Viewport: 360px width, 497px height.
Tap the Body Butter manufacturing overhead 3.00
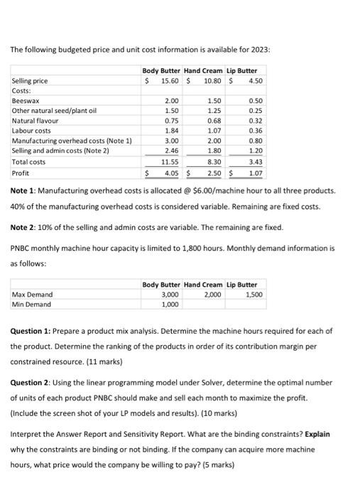coord(171,141)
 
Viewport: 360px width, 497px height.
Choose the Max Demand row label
coord(32,294)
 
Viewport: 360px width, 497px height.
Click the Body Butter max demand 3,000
coord(170,294)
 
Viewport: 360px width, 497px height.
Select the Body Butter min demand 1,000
coord(170,304)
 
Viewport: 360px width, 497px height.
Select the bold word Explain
coord(315,433)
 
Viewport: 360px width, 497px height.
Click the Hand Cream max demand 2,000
coord(212,294)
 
